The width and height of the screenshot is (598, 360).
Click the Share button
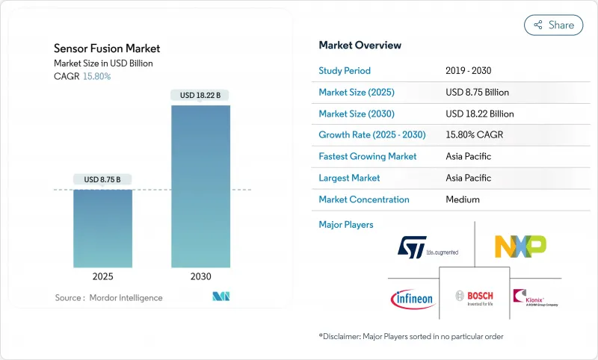click(554, 25)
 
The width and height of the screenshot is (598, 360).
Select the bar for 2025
click(102, 228)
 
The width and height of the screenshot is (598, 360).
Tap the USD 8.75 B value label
click(102, 179)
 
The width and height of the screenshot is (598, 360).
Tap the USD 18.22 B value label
click(200, 95)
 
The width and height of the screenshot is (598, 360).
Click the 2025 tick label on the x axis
click(102, 276)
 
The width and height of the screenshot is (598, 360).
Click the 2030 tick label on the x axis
click(201, 276)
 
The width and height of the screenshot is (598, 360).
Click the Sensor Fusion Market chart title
click(107, 49)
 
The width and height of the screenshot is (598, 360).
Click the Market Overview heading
click(360, 46)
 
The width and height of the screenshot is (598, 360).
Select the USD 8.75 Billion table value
click(476, 93)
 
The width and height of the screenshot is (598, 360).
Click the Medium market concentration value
click(462, 199)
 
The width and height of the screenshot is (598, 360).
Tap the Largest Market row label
click(349, 178)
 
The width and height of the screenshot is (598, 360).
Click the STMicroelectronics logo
click(427, 247)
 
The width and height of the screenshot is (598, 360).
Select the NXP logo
click(520, 246)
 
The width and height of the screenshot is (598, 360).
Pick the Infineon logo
click(412, 298)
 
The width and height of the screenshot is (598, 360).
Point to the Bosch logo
click(475, 297)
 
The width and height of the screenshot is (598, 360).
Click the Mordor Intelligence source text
click(108, 298)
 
